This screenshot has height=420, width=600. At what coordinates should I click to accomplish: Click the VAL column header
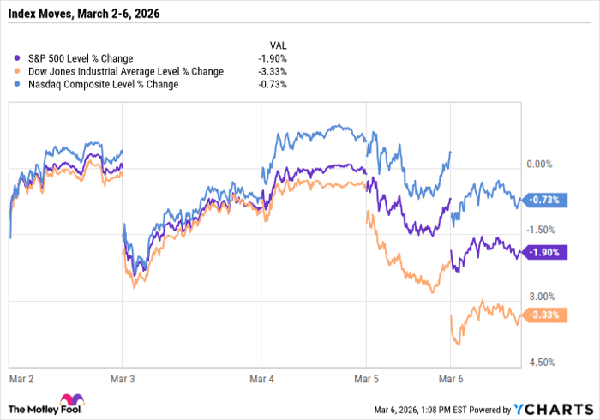coord(278,45)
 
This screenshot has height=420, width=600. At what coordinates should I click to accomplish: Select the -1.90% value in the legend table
coord(273,58)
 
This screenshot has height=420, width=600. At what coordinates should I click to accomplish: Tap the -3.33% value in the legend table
coord(273,71)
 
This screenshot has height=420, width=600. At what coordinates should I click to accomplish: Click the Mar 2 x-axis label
coord(21,376)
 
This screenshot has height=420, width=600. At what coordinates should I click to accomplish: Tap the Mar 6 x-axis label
coord(452,376)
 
